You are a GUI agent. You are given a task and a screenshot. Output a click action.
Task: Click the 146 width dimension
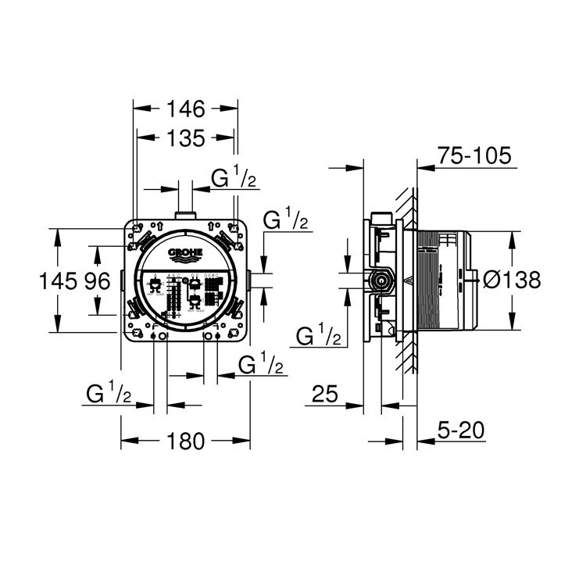(x=187, y=109)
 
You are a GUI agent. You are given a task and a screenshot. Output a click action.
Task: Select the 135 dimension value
(x=186, y=138)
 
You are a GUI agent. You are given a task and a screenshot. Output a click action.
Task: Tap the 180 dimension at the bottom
(x=186, y=441)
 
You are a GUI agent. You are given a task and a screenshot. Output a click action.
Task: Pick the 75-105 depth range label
(x=474, y=155)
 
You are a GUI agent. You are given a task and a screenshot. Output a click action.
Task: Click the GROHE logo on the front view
(x=185, y=254)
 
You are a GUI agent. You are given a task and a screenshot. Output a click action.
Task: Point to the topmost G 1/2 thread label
(x=235, y=178)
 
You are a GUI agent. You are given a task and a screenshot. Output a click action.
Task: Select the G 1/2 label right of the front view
(x=285, y=221)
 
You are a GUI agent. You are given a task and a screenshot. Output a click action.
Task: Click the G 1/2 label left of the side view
(x=320, y=336)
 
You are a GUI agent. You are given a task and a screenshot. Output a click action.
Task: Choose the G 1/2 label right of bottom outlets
(x=259, y=364)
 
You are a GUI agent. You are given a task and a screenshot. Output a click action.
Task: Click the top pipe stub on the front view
(x=185, y=214)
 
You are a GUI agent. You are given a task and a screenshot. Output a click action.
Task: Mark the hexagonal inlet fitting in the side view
(x=381, y=280)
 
